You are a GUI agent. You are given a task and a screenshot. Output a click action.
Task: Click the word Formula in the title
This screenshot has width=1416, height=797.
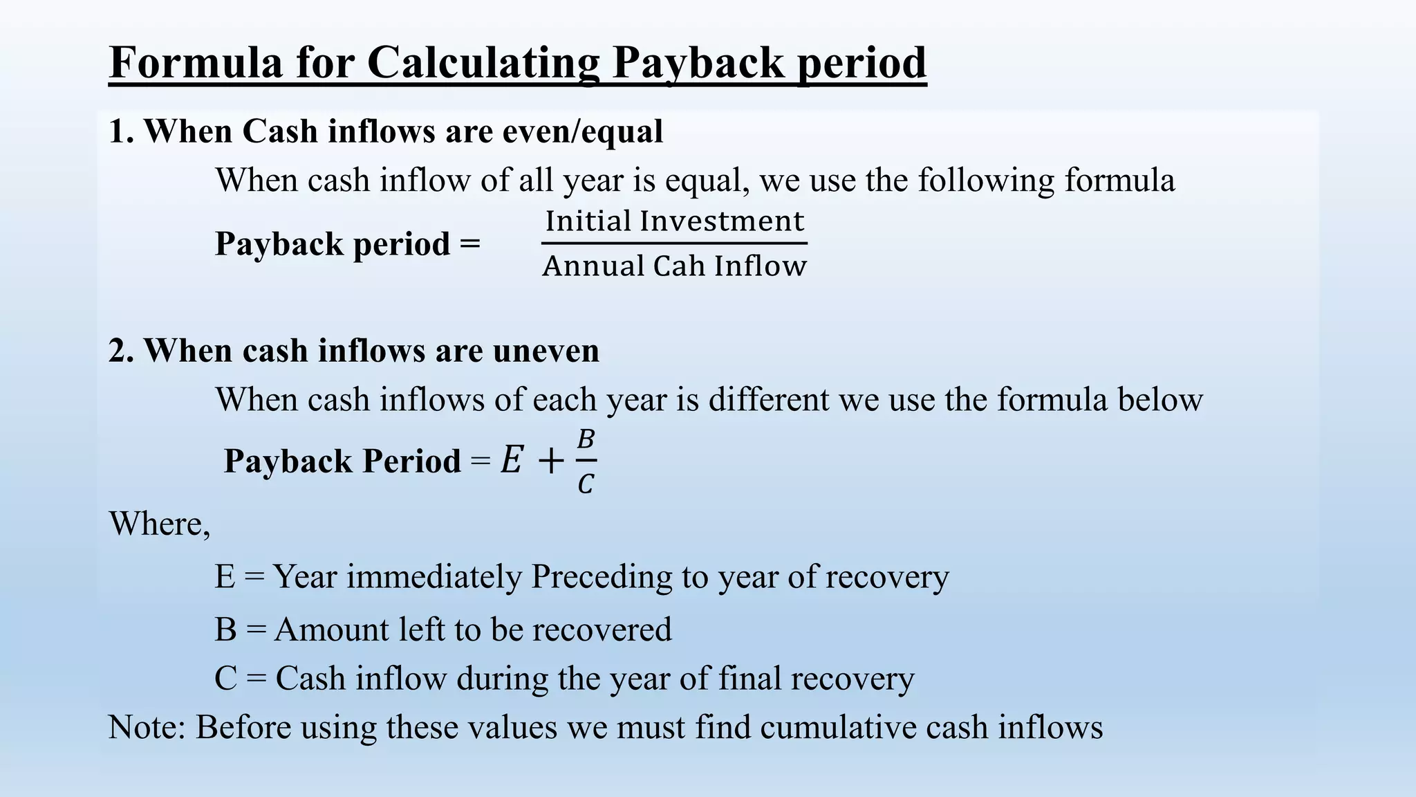click(x=196, y=62)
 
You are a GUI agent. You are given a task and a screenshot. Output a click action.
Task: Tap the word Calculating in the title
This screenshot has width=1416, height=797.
click(x=483, y=64)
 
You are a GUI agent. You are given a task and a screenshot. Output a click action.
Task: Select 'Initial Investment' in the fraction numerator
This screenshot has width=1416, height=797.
click(x=674, y=221)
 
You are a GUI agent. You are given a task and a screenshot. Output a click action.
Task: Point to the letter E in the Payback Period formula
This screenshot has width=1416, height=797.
click(x=511, y=460)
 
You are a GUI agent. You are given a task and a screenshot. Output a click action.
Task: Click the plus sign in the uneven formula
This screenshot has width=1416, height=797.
click(x=550, y=461)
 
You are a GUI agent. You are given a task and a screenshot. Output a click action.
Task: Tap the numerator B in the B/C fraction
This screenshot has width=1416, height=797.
click(x=586, y=439)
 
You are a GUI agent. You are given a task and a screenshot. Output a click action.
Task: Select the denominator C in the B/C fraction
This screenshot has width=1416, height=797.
click(x=585, y=484)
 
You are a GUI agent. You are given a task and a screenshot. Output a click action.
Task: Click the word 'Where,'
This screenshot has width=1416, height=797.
click(x=160, y=524)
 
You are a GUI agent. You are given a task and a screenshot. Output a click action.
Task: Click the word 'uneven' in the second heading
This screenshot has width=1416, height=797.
click(x=546, y=351)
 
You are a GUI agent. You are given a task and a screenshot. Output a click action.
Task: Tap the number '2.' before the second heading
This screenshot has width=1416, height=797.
click(x=121, y=351)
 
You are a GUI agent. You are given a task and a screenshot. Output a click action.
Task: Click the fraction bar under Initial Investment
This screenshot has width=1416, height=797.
click(x=674, y=243)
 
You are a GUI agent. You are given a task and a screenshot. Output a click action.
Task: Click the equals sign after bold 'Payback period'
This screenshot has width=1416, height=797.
click(x=469, y=244)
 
